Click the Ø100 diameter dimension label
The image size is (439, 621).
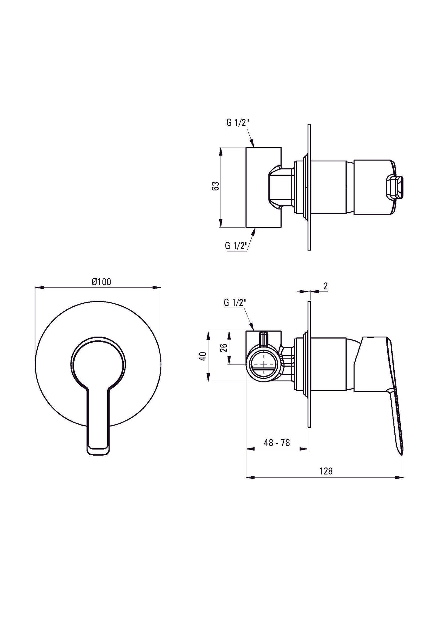101,282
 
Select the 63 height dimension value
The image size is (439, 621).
215,186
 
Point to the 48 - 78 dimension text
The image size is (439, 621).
277,443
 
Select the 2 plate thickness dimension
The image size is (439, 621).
325,286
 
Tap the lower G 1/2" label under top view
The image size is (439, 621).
236,246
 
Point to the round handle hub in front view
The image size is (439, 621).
98,363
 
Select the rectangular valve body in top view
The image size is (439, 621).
263,187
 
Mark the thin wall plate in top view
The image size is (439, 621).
309,187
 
